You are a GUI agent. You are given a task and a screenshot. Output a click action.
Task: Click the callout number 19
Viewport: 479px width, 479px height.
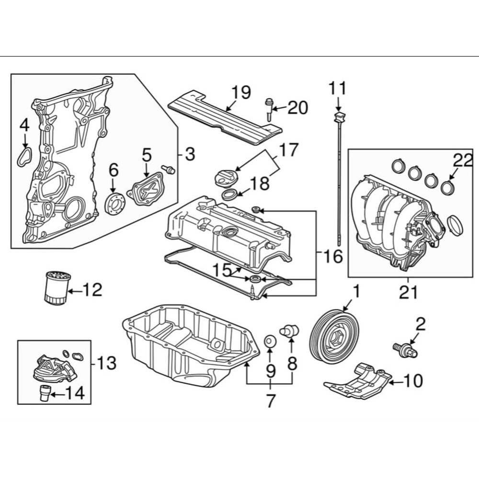[241, 92]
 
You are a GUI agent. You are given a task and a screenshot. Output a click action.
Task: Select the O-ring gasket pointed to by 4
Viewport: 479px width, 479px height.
[24, 157]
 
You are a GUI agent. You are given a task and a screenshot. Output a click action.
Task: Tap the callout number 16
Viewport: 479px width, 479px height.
[333, 257]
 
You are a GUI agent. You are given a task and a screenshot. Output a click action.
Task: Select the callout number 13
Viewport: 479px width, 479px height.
[106, 363]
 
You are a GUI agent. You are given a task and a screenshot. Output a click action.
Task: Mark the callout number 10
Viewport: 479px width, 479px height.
[413, 381]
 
